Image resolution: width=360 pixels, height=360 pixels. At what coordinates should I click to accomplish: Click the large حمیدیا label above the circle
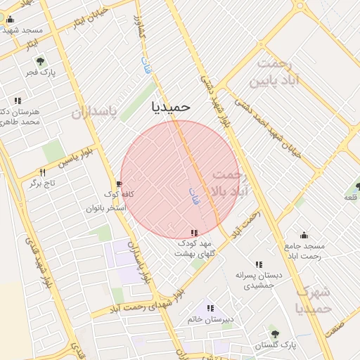[171, 106]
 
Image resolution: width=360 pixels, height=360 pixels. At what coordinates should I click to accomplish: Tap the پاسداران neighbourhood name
[98, 112]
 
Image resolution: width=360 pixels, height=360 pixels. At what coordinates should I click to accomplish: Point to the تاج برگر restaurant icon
[42, 172]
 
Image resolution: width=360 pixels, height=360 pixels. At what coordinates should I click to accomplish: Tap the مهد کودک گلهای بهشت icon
[194, 232]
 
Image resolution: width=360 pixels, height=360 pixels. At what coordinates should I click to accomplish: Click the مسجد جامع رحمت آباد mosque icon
[304, 235]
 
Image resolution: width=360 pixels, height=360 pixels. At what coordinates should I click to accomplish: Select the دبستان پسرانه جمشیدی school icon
[259, 264]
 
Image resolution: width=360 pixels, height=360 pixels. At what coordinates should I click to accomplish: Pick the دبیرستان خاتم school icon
[210, 308]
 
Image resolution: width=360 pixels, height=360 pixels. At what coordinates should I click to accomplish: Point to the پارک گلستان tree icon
[275, 334]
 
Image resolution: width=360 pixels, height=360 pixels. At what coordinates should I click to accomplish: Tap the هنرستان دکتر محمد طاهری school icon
[17, 101]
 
